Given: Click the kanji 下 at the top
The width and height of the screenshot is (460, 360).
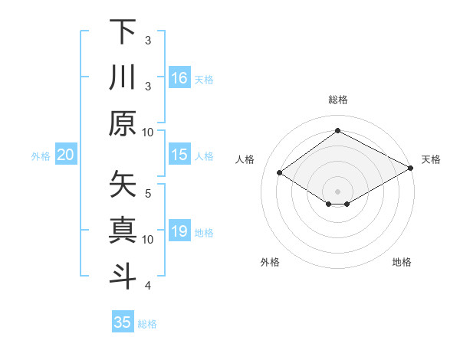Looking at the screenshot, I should [123, 32].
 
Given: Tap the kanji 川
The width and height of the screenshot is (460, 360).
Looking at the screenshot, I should [123, 77].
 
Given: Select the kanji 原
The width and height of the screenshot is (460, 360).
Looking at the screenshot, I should [123, 123].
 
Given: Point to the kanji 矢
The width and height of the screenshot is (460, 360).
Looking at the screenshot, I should [123, 185].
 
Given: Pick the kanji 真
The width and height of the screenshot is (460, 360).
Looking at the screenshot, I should [123, 230].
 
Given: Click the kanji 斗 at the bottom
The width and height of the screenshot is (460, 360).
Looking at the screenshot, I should [123, 275].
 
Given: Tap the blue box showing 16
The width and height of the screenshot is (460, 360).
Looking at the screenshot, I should [179, 77].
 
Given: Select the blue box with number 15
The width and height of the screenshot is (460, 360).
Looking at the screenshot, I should [179, 155].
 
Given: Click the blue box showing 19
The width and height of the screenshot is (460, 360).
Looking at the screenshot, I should [179, 231].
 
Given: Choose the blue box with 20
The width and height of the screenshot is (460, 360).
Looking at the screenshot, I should [66, 155].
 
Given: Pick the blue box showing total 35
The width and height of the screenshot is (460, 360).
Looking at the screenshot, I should [123, 322].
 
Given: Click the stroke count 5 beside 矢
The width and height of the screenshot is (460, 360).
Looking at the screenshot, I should [149, 192].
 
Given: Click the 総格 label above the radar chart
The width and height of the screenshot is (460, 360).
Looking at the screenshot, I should [337, 100].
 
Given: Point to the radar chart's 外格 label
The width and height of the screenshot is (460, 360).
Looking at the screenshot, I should [270, 262].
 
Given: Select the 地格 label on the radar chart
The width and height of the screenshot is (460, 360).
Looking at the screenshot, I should [402, 262].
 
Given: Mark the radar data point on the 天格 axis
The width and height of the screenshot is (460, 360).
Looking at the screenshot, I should [412, 168].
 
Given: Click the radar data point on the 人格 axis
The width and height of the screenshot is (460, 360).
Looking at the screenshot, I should [280, 173].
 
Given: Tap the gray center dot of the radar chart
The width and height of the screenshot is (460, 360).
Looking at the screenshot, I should [337, 191].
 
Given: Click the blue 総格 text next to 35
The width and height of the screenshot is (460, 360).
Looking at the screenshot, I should [147, 324].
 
